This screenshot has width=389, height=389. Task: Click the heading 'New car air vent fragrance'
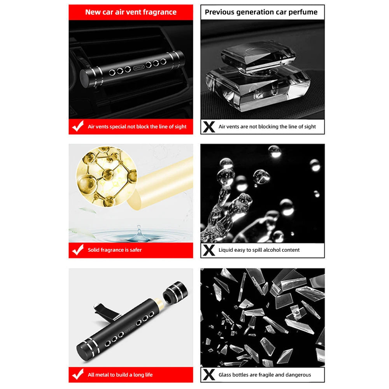[131, 12]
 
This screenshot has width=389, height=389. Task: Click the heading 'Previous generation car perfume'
[261, 12]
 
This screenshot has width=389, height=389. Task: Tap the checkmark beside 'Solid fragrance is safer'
[78, 250]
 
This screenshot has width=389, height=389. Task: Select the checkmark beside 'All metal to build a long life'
[78, 374]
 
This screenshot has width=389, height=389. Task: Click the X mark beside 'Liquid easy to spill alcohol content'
[209, 250]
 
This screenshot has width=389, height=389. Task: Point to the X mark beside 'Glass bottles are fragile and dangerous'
[209, 375]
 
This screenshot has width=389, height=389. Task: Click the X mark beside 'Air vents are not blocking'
[209, 127]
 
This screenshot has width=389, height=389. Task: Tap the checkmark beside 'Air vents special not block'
[78, 126]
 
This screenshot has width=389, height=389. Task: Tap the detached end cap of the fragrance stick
[175, 293]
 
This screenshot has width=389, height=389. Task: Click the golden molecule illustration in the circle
[107, 177]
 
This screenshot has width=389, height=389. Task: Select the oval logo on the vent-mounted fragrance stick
[139, 67]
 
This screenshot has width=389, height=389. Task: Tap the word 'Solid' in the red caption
[93, 250]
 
